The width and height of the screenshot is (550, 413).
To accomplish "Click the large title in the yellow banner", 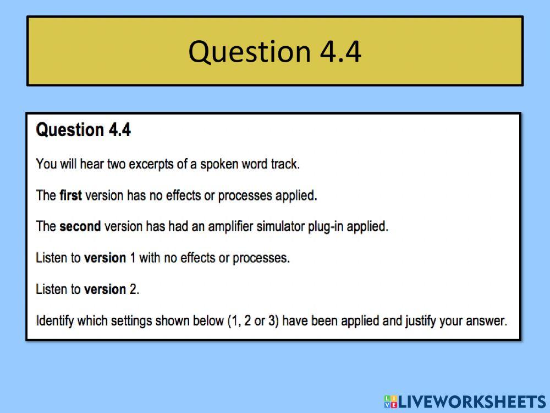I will pyautogui.click(x=274, y=51).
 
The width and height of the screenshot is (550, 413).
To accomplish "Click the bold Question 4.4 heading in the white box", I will pyautogui.click(x=83, y=130).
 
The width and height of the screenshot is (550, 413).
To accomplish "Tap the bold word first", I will pyautogui.click(x=70, y=195).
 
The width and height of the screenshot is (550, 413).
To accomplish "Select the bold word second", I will pyautogui.click(x=80, y=226).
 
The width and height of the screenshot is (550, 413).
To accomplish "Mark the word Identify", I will pyautogui.click(x=55, y=320).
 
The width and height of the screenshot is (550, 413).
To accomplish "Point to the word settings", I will pyautogui.click(x=132, y=320).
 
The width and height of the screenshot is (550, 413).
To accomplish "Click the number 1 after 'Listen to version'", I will pyautogui.click(x=133, y=258).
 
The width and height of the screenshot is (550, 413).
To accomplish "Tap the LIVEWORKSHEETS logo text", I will pyautogui.click(x=471, y=401).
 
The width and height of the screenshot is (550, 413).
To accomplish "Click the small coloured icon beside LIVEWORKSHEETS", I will pyautogui.click(x=391, y=401).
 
